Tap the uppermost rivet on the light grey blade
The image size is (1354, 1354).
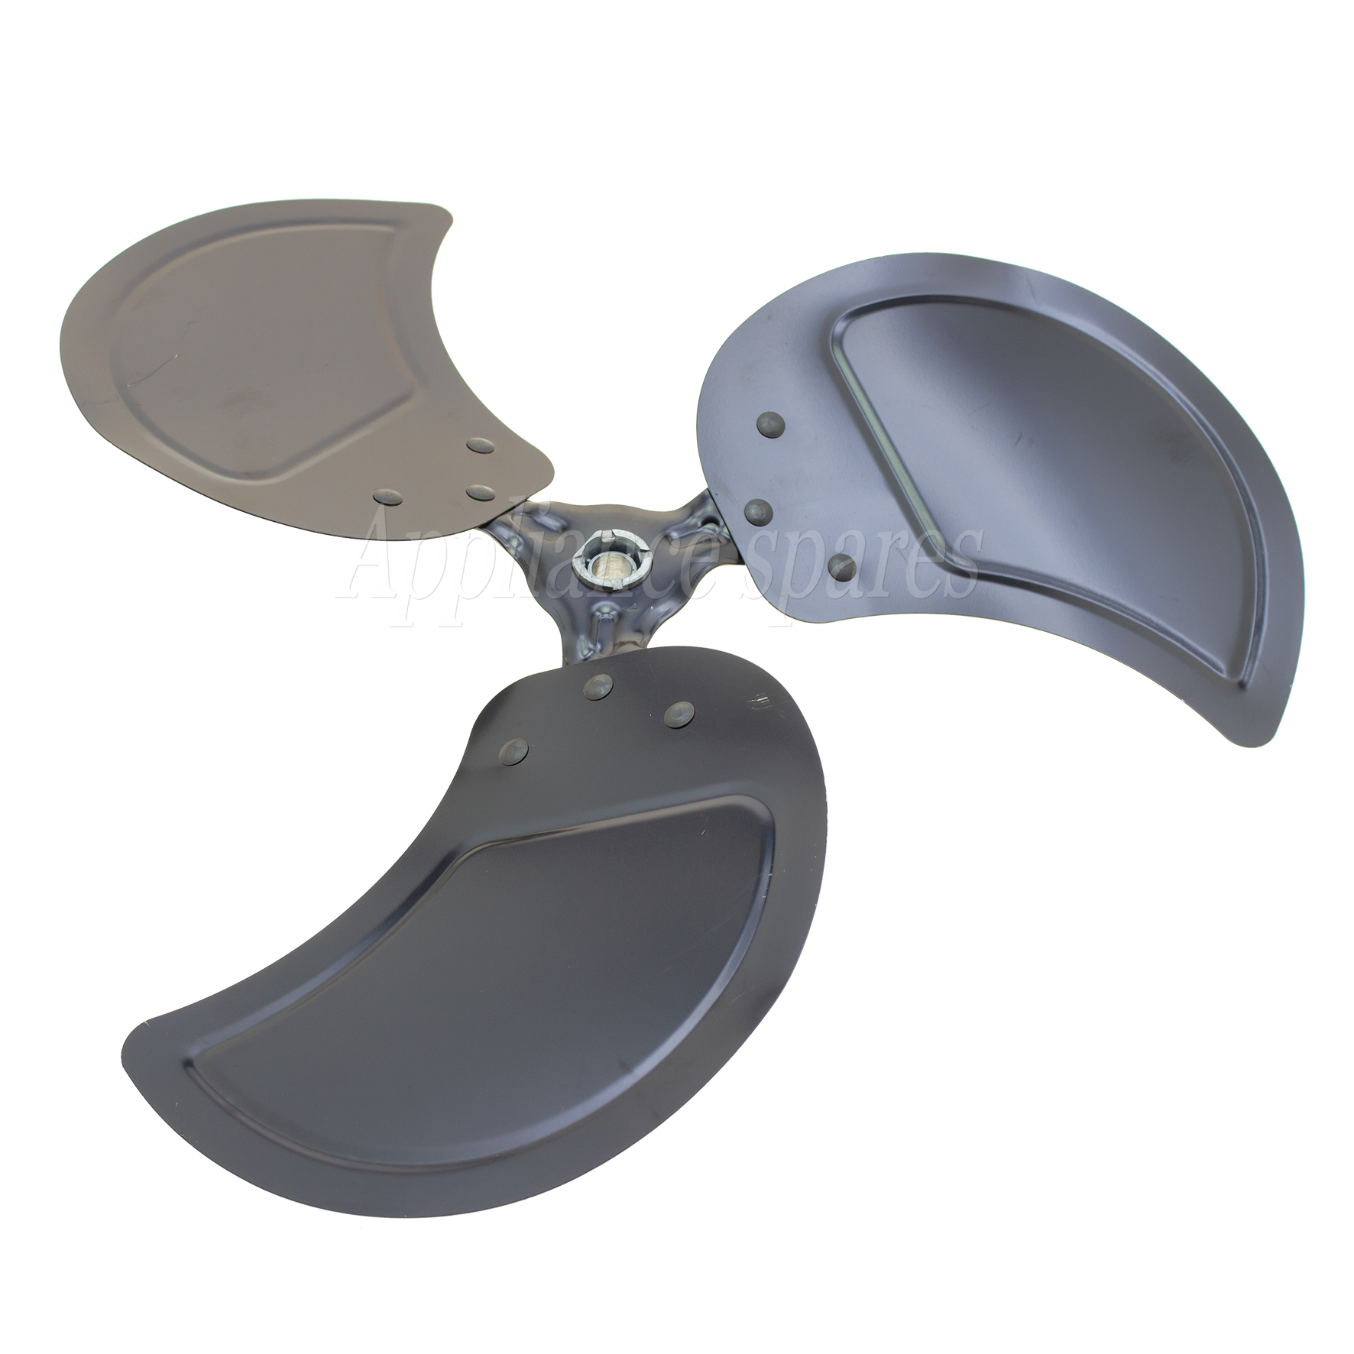(479, 445)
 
